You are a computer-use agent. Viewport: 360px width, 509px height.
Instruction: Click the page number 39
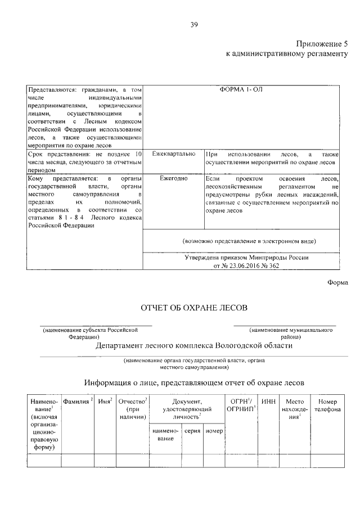tap(193, 24)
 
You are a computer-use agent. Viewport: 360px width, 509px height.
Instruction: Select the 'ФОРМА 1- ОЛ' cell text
tap(245, 89)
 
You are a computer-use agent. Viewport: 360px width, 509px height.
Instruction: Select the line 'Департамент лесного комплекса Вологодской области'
tap(194, 346)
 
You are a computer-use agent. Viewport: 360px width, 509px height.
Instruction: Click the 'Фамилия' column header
tap(76, 402)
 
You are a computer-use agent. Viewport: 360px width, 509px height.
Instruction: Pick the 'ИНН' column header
tap(268, 402)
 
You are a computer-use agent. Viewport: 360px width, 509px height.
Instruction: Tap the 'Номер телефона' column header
tap(327, 406)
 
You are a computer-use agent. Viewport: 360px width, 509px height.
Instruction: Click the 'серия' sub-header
tap(192, 430)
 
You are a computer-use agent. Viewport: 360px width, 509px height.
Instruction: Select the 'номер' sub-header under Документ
tap(214, 430)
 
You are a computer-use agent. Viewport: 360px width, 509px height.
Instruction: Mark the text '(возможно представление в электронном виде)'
tap(249, 241)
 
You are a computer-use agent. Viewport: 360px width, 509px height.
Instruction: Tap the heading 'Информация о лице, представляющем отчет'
tap(194, 382)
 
